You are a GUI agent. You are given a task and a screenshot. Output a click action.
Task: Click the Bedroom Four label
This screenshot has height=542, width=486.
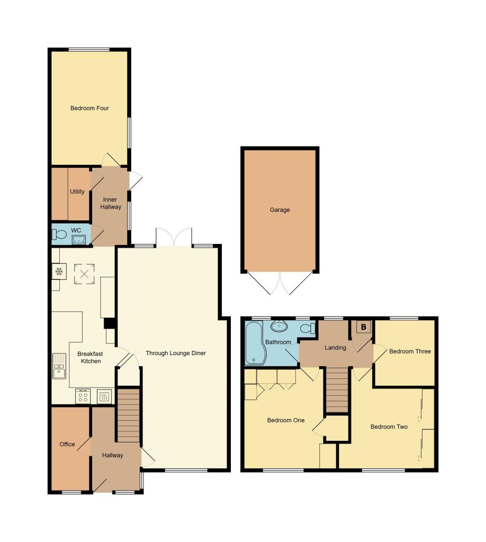point(89,109)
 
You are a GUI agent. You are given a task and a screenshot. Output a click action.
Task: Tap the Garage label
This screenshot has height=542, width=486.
point(280,210)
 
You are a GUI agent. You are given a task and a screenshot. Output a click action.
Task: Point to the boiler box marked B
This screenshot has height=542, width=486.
point(363,328)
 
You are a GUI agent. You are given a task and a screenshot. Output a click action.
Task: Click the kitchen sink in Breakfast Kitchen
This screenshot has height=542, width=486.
point(58,366)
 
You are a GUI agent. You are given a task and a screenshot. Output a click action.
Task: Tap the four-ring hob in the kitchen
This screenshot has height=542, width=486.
point(83,396)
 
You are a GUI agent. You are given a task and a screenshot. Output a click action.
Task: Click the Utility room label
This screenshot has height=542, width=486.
point(77,192)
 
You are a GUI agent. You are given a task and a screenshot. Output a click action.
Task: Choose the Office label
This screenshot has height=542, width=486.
point(67,445)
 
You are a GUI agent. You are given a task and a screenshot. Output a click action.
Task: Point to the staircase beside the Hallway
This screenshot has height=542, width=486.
point(128,415)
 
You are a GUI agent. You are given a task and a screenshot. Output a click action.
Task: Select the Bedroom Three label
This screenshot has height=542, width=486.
point(410,351)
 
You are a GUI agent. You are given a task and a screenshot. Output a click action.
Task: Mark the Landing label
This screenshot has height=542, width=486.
point(336,348)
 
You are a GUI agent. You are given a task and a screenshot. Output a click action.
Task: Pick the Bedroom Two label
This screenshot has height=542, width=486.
point(389,427)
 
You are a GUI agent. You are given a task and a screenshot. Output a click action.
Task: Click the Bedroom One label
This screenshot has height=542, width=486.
point(285,420)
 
